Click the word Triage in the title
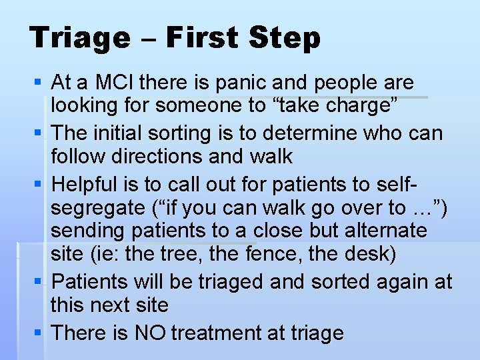click(80, 38)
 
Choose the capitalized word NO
click(153, 332)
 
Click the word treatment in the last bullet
click(221, 332)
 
